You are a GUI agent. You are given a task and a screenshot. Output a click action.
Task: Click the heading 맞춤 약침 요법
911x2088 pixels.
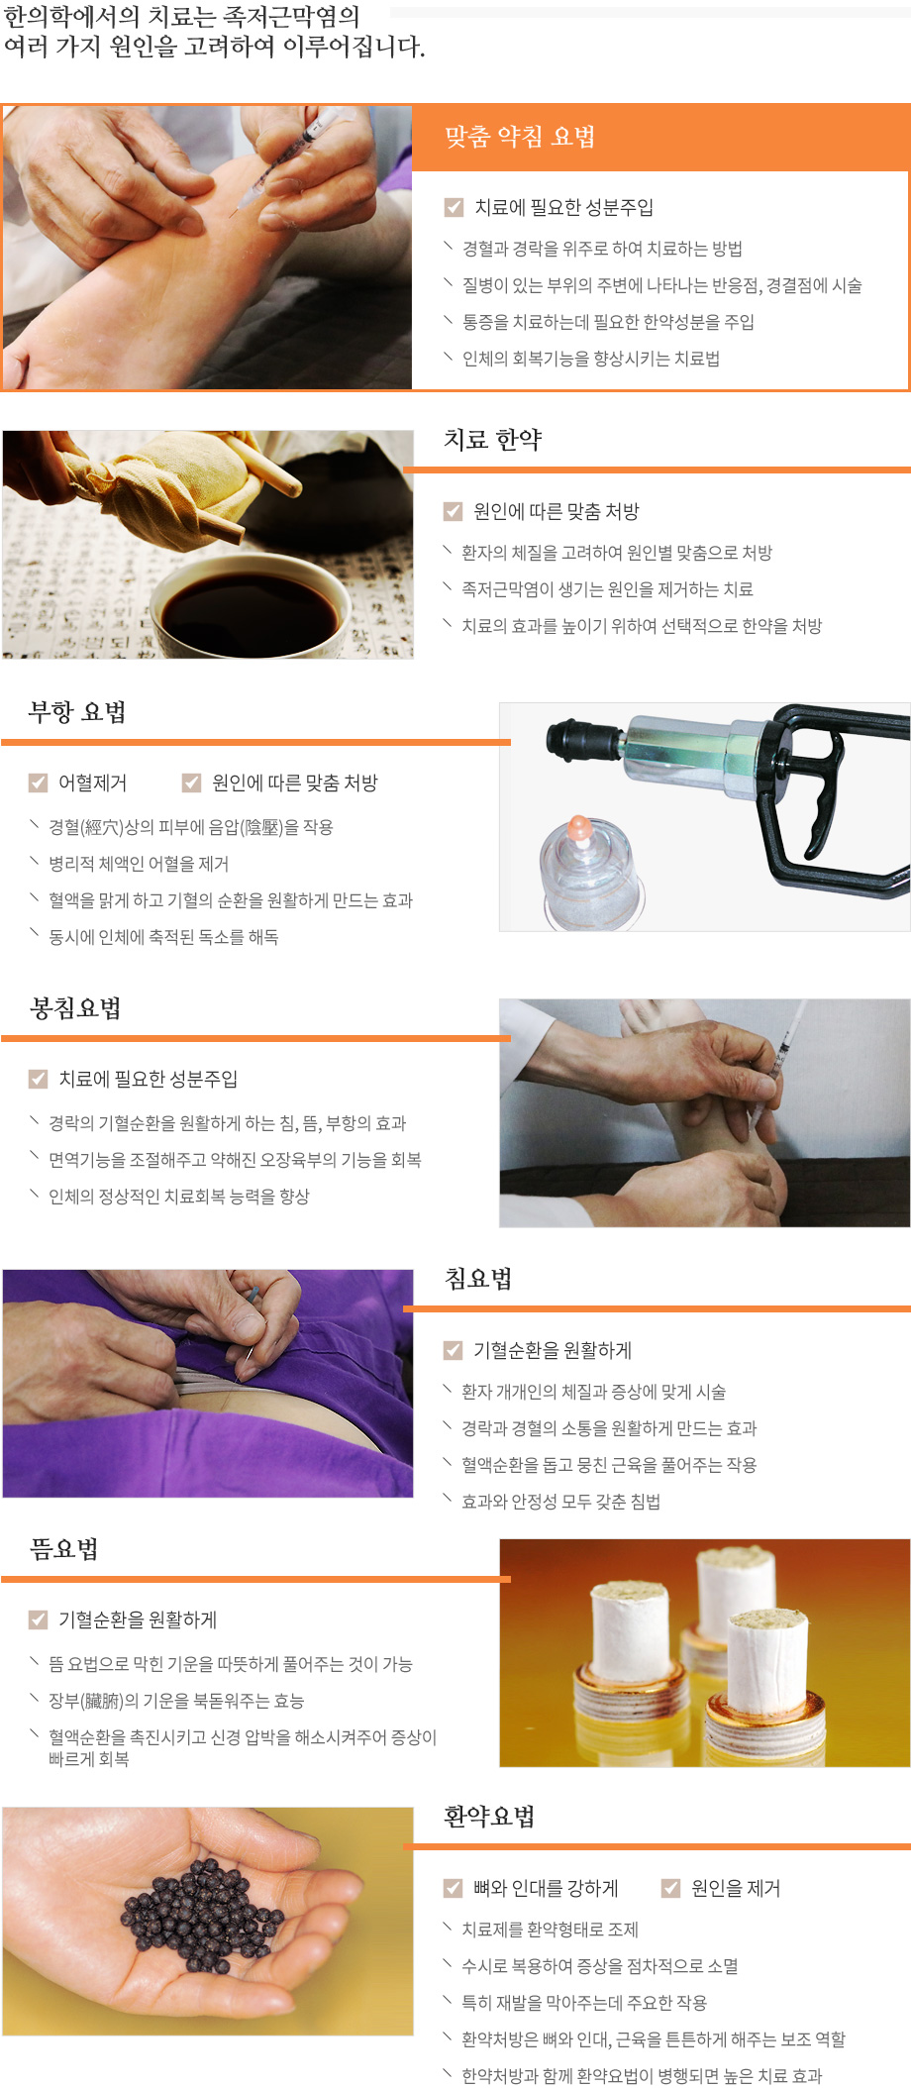pyautogui.click(x=519, y=137)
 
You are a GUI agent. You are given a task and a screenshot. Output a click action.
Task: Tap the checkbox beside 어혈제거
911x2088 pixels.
pyautogui.click(x=39, y=783)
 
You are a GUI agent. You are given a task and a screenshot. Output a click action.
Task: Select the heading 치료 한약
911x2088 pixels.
pyautogui.click(x=492, y=440)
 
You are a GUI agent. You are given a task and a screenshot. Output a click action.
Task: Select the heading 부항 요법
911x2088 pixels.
pyautogui.click(x=77, y=712)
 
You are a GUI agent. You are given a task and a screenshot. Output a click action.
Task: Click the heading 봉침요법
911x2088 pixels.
pyautogui.click(x=75, y=1008)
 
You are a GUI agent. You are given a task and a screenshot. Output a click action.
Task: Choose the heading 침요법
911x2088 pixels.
pyautogui.click(x=478, y=1279)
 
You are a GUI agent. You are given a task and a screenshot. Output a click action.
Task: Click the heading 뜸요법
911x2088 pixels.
pyautogui.click(x=64, y=1549)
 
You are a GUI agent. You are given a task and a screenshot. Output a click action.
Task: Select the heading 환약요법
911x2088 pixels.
pyautogui.click(x=489, y=1817)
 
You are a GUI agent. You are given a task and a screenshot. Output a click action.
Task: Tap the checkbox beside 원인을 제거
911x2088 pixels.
pyautogui.click(x=670, y=1888)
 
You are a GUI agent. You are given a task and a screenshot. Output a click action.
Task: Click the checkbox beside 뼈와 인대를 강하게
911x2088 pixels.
pyautogui.click(x=454, y=1888)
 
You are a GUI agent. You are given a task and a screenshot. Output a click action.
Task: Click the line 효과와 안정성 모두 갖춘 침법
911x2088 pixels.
pyautogui.click(x=560, y=1502)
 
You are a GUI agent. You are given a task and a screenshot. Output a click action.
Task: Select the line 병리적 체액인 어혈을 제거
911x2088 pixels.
pyautogui.click(x=139, y=864)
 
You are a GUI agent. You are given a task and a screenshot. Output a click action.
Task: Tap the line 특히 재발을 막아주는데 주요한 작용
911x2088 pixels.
pyautogui.click(x=583, y=2003)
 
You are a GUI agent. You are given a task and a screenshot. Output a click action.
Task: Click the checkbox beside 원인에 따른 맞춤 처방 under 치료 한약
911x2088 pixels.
pyautogui.click(x=454, y=511)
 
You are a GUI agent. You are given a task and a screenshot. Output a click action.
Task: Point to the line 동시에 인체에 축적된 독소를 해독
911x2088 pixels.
pyautogui.click(x=163, y=937)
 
